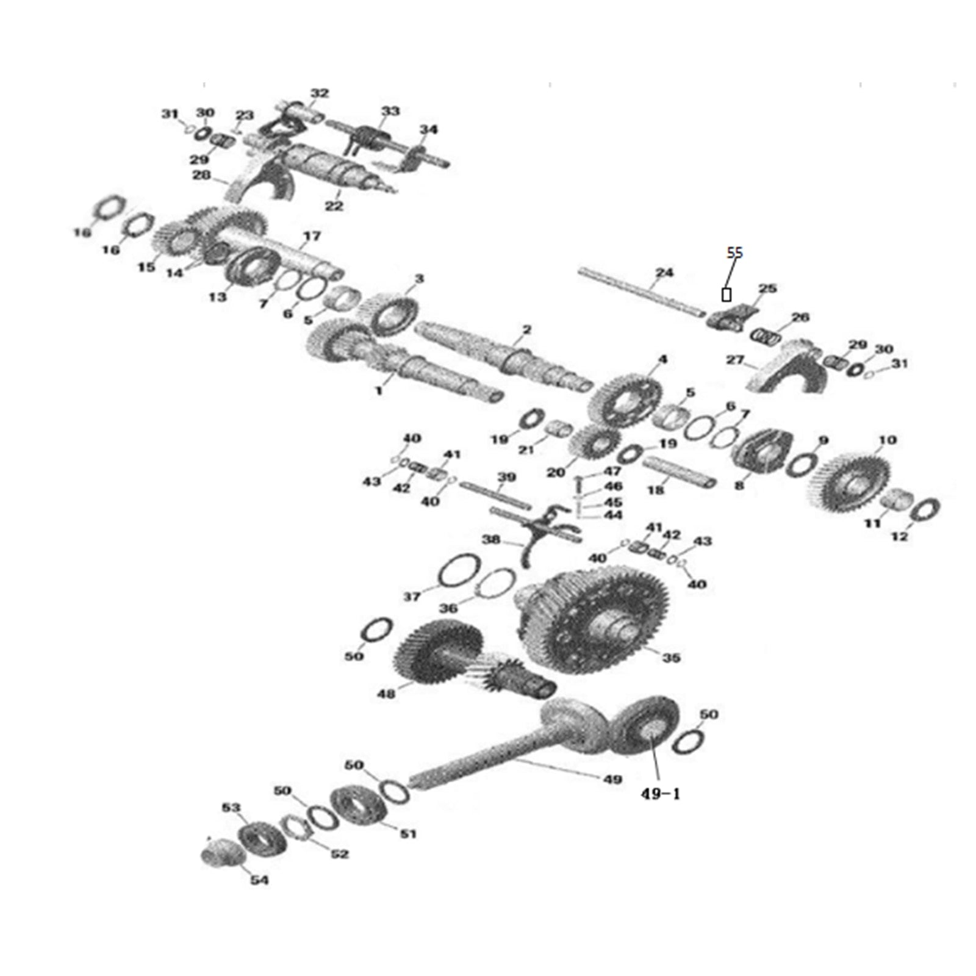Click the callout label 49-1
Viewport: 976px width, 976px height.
click(x=660, y=794)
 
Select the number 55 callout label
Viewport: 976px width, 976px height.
click(x=735, y=252)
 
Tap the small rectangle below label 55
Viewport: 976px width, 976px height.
click(x=726, y=295)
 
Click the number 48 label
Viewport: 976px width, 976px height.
click(x=387, y=693)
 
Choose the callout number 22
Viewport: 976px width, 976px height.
click(x=334, y=206)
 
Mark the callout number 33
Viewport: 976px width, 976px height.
click(x=390, y=112)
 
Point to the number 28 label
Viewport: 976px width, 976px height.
click(x=201, y=176)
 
